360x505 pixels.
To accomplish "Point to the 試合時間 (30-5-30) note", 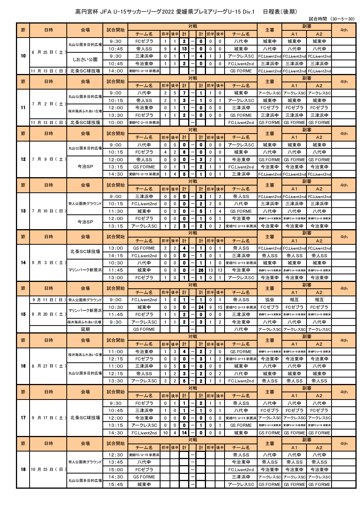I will [332, 19].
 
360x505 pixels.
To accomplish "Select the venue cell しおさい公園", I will [85, 60].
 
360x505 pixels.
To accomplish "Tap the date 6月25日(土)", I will [49, 52].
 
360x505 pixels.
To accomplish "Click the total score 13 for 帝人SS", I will [184, 49].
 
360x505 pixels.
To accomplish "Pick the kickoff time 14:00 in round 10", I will [116, 71].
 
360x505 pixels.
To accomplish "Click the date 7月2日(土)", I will [49, 104].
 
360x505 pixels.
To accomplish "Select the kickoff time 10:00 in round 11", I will [116, 123].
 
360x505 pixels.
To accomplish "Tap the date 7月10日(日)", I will [49, 211].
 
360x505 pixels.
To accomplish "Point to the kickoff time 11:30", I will [116, 211].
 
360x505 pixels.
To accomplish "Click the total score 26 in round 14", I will [201, 270].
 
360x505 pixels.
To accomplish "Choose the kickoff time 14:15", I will [116, 256].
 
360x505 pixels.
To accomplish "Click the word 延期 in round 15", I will [85, 329].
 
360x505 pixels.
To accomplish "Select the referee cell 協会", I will [270, 300].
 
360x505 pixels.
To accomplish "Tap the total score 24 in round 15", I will [201, 307].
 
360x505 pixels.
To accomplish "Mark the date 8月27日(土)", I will [49, 366].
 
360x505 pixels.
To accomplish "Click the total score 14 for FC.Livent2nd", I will [184, 433].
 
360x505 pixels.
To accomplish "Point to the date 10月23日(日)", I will [49, 469].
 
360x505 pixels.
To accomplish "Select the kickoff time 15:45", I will [116, 485].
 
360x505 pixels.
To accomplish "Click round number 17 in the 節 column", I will [23, 418].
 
